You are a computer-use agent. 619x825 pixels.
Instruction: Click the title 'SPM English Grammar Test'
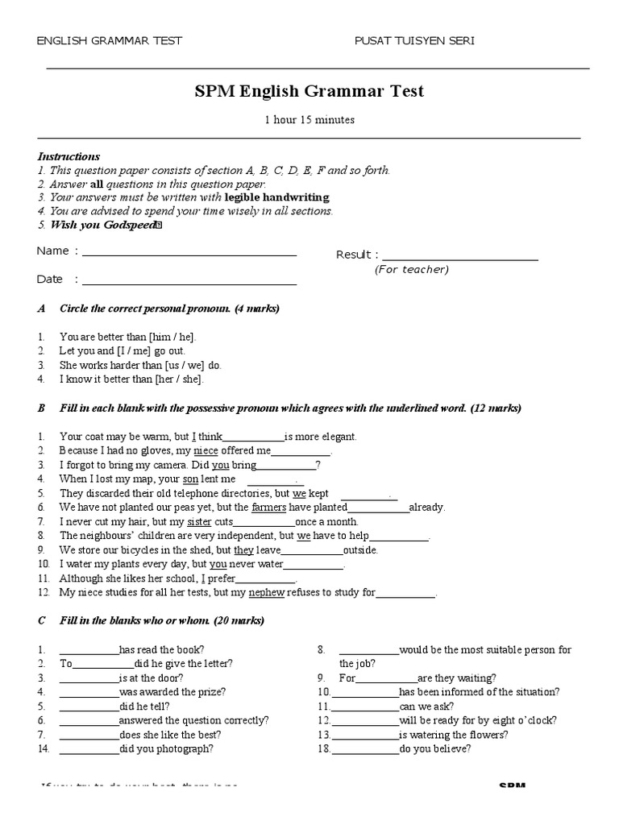click(309, 91)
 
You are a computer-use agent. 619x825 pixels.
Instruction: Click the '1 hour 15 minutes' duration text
click(309, 120)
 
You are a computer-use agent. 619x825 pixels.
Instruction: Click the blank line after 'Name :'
click(189, 255)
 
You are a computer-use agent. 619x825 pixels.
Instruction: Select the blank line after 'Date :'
click(189, 283)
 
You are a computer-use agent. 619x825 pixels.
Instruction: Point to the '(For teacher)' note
click(411, 270)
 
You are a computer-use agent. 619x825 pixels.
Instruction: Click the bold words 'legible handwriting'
click(276, 197)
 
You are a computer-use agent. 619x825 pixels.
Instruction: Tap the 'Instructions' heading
click(69, 156)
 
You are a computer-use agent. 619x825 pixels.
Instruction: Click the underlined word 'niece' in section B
click(206, 451)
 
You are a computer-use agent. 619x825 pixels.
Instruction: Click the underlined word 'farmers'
click(269, 508)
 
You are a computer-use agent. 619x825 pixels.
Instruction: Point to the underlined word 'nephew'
click(266, 593)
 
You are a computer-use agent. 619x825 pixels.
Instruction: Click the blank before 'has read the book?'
click(89, 650)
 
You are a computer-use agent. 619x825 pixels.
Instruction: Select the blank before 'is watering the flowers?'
click(365, 735)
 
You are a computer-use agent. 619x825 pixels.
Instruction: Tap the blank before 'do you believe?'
click(365, 749)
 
